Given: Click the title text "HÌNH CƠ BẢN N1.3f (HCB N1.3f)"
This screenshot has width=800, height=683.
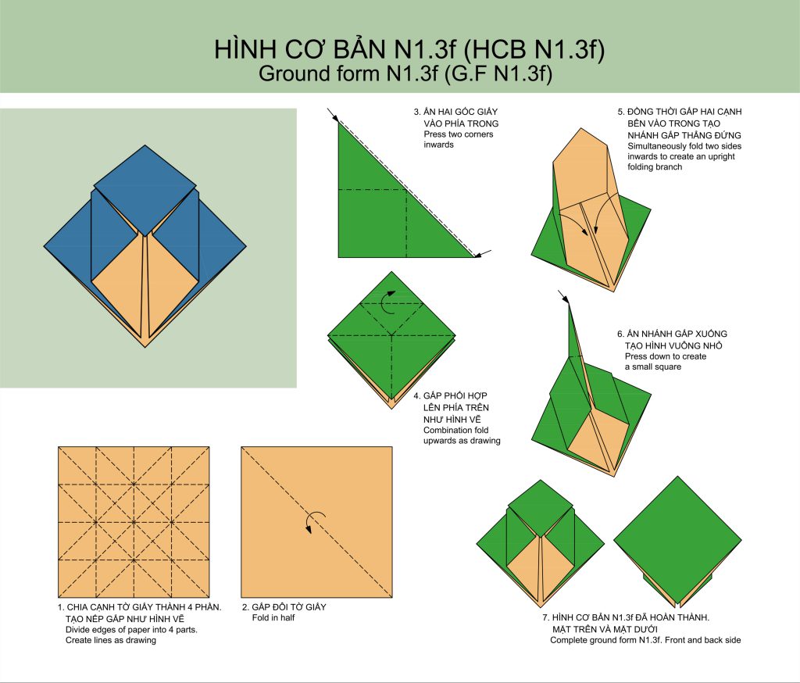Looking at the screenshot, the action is pyautogui.click(x=409, y=49).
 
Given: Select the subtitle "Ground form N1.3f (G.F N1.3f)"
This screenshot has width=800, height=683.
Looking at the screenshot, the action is pyautogui.click(x=405, y=73).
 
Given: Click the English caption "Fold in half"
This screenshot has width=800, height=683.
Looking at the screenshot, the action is pyautogui.click(x=273, y=617).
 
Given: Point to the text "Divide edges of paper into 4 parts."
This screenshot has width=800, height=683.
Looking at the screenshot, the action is pyautogui.click(x=131, y=629).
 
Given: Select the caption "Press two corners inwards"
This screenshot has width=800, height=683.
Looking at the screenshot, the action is pyautogui.click(x=458, y=139).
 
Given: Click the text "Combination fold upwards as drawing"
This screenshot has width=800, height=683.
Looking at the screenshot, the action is pyautogui.click(x=462, y=435).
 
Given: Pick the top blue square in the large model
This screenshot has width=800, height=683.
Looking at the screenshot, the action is pyautogui.click(x=145, y=190).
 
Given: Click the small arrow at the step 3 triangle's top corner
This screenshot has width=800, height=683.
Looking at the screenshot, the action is pyautogui.click(x=333, y=116).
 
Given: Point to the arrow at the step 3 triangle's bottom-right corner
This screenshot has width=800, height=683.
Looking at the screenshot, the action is pyautogui.click(x=483, y=253).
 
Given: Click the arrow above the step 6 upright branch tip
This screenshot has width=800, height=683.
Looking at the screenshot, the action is pyautogui.click(x=563, y=296).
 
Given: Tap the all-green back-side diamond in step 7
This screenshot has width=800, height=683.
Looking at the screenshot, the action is pyautogui.click(x=677, y=540).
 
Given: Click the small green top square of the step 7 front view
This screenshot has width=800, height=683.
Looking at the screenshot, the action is pyautogui.click(x=541, y=508).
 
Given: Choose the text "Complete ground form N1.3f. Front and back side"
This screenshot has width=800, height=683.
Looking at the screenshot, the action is pyautogui.click(x=645, y=640).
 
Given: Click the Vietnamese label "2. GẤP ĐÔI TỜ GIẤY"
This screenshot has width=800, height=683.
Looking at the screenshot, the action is pyautogui.click(x=284, y=607).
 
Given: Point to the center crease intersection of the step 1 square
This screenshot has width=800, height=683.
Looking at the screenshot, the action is pyautogui.click(x=134, y=522).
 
